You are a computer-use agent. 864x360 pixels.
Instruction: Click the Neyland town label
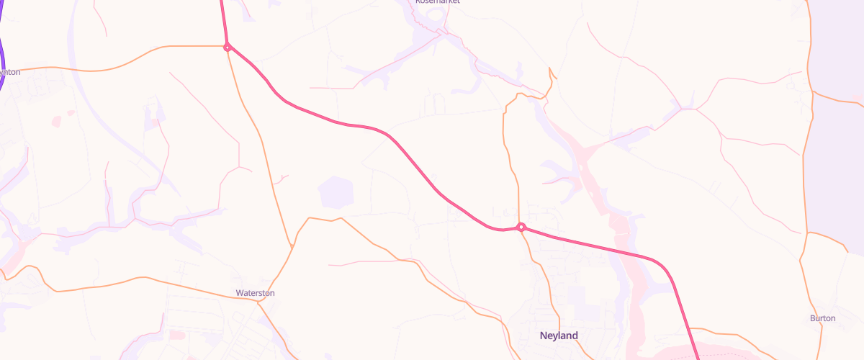(x=559, y=336)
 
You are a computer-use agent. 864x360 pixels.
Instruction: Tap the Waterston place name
(x=255, y=293)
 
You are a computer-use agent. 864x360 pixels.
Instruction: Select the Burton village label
(x=822, y=318)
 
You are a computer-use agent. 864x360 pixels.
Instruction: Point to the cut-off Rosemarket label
(x=437, y=2)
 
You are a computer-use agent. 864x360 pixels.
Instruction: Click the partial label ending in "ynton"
(x=9, y=72)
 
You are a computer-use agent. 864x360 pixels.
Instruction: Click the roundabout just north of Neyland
(x=521, y=228)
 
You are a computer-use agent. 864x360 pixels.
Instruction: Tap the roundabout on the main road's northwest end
(x=227, y=48)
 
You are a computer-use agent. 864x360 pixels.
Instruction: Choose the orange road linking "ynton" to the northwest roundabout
(x=144, y=54)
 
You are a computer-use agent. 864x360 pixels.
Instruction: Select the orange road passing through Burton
(x=803, y=252)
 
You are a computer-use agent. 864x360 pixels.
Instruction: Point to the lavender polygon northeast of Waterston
(x=336, y=192)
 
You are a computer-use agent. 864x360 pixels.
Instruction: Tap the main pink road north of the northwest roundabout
(x=222, y=18)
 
